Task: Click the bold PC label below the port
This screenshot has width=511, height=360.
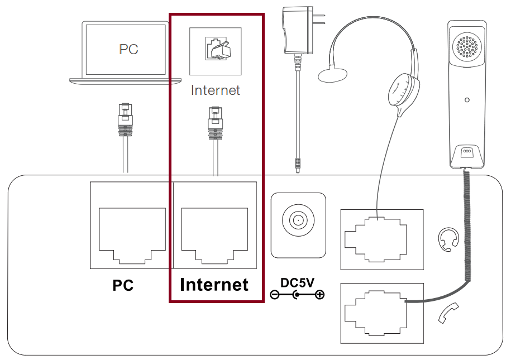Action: pos(123,285)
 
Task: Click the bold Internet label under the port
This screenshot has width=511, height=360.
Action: pos(214,285)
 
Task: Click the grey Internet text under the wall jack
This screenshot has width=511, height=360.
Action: pos(215,90)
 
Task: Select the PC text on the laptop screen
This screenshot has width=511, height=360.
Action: pos(128,49)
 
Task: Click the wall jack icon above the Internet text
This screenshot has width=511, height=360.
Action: pos(215,51)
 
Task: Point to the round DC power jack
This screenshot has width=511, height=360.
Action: pos(297,220)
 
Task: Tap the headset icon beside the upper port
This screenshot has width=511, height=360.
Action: pos(448,238)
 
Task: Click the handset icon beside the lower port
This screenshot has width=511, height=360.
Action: pos(448,313)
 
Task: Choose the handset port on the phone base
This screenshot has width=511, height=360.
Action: pos(375,313)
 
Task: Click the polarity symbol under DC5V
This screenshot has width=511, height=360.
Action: pos(297,295)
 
